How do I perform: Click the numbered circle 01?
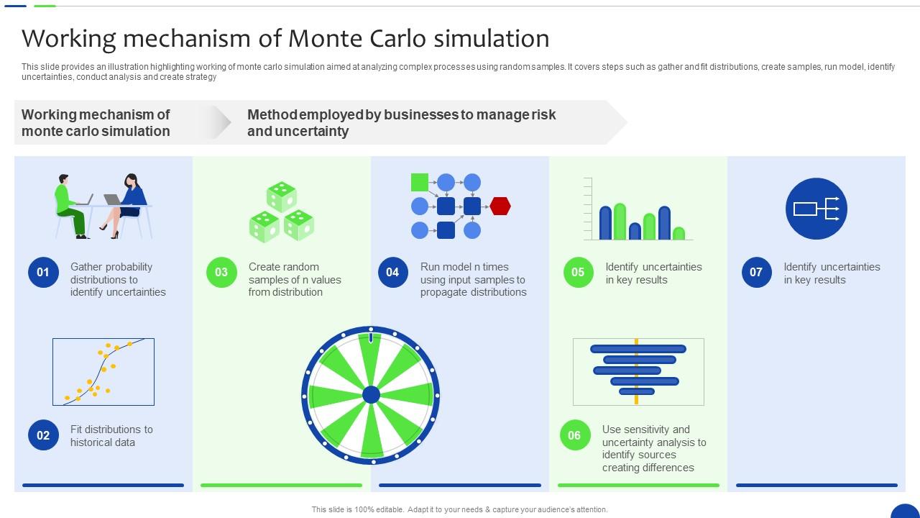(43, 272)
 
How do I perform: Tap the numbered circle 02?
(43, 435)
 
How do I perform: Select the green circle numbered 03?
(221, 272)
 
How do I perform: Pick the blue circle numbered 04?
(393, 272)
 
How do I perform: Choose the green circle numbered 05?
(579, 272)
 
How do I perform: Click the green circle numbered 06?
(574, 435)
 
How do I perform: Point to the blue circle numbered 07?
(757, 272)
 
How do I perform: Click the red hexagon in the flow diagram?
(500, 206)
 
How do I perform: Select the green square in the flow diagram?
(420, 182)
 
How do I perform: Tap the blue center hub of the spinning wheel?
(371, 395)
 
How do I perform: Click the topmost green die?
(281, 196)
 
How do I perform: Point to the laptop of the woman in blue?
(112, 199)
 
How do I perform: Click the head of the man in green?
(63, 179)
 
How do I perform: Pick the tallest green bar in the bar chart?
(620, 222)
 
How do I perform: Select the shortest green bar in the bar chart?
(679, 233)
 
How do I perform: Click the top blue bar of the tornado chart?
(638, 349)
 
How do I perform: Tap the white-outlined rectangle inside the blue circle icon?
(804, 209)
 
